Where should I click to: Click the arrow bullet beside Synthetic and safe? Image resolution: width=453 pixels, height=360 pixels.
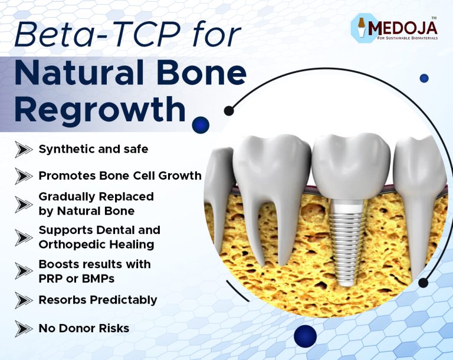[x=24, y=150]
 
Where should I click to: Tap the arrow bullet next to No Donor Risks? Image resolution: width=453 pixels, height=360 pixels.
[x=24, y=328]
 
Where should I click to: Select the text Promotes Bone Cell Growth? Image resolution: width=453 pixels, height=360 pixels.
[x=120, y=176]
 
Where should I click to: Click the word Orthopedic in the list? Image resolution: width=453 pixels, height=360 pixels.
[x=65, y=244]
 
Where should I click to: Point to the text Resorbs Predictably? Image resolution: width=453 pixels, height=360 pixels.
[x=98, y=300]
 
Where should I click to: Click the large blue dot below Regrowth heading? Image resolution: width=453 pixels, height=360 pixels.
[x=201, y=124]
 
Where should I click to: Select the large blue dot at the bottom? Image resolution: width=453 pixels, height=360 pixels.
[x=305, y=336]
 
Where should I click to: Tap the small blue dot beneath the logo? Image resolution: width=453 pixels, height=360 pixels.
[x=424, y=78]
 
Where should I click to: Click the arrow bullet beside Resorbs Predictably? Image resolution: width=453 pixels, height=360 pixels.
[x=24, y=300]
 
